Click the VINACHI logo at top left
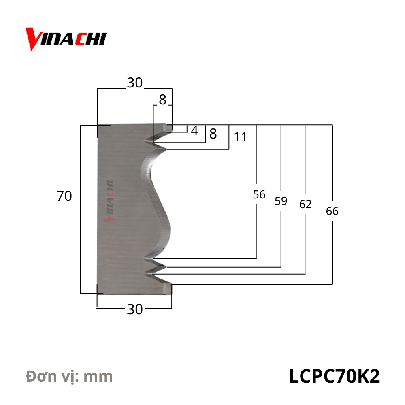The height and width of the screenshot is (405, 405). (66, 39)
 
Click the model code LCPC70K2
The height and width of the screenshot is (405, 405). (334, 376)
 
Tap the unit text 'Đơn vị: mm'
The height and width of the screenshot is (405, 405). (69, 376)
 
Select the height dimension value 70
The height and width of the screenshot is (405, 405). (64, 196)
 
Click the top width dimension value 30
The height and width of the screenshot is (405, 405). (135, 83)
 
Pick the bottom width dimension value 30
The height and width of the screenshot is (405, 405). (135, 309)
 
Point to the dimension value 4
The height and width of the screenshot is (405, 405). (194, 131)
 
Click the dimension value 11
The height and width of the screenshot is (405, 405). (240, 137)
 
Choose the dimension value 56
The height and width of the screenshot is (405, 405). (259, 195)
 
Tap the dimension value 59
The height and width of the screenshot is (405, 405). (281, 201)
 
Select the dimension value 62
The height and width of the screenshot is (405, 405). (305, 205)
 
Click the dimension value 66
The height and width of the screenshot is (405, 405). (332, 211)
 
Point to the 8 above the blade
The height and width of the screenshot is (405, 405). (162, 100)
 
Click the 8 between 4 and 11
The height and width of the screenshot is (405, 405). (213, 133)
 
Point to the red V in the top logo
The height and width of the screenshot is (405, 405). (32, 38)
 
